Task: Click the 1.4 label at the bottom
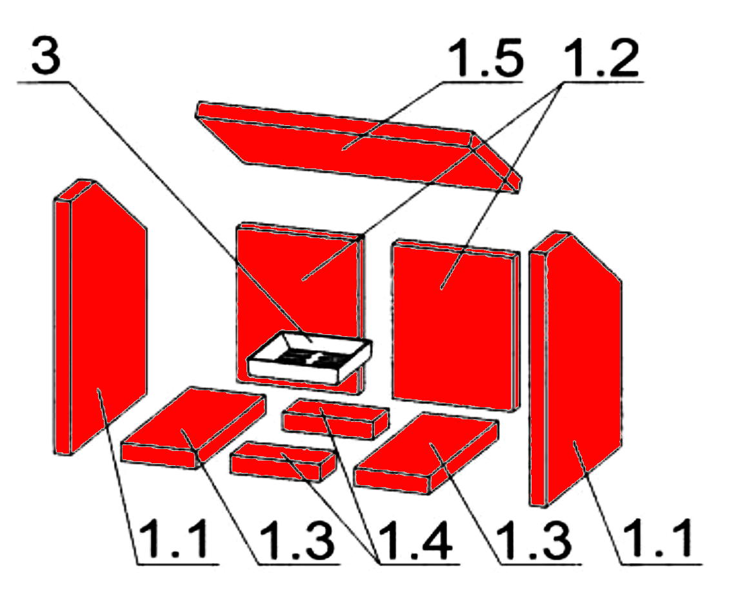point(415,541)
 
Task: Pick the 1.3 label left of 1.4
point(297,541)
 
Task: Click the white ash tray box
point(310,357)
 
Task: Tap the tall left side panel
point(100,317)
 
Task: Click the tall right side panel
point(575,368)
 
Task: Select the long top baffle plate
point(358,147)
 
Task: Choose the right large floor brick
point(426,453)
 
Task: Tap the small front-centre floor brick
point(283,461)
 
